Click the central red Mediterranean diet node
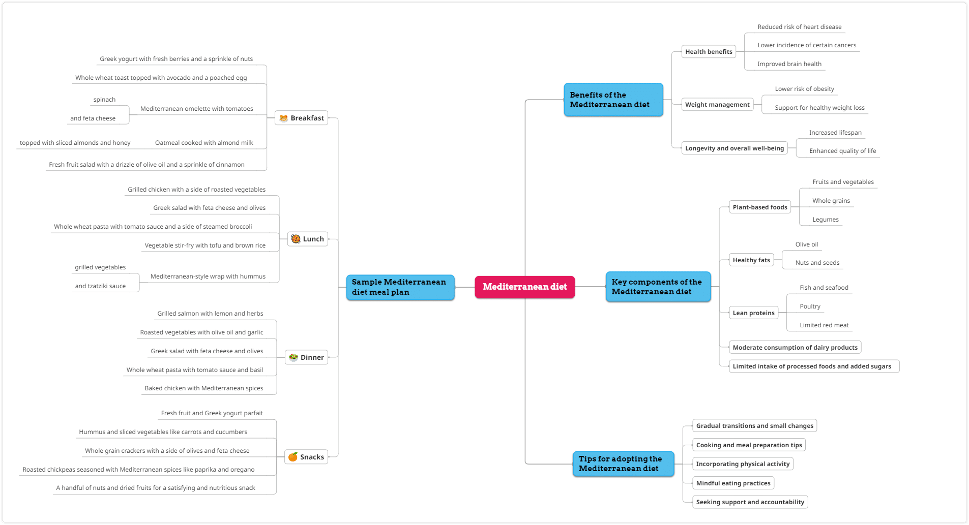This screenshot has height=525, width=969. tap(524, 287)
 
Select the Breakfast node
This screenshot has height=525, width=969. tap(302, 118)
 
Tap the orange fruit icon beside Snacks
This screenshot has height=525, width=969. tap(293, 457)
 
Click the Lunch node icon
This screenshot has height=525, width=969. tap(296, 239)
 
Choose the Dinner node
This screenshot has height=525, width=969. tap(306, 357)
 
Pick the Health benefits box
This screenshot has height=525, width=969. tap(709, 51)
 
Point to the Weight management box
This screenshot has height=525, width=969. tap(717, 104)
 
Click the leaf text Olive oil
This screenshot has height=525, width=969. tap(807, 244)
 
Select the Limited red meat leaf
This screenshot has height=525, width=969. tap(824, 325)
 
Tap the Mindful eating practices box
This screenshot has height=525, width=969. tap(733, 483)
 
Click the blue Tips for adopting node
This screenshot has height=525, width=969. tap(624, 464)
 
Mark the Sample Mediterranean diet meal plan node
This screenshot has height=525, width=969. tap(400, 287)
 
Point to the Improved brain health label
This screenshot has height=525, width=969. tap(789, 64)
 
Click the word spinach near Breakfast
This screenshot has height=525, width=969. tap(104, 100)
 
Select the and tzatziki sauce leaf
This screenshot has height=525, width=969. tap(100, 286)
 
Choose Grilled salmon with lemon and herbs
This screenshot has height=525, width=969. tap(210, 314)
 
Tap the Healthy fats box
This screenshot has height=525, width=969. tap(751, 260)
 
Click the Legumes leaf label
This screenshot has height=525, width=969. tap(826, 220)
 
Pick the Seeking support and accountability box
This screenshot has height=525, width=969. tap(750, 502)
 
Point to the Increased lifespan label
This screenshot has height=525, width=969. tap(835, 133)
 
